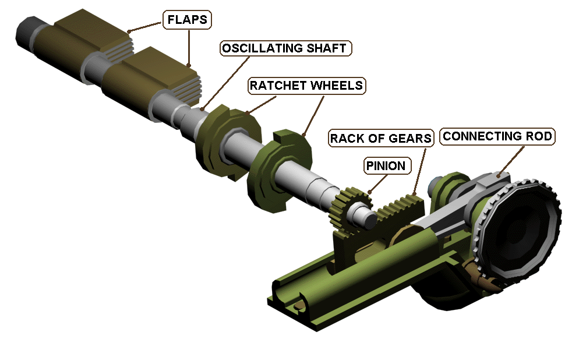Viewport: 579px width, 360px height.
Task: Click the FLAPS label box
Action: (187, 20)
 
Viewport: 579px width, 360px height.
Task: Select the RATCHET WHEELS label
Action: (306, 86)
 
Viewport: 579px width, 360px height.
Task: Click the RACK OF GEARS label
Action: (381, 138)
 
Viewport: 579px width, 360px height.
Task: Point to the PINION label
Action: (385, 165)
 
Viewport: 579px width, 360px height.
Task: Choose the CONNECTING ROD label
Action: (497, 136)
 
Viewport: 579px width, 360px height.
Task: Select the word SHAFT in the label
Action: (327, 48)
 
